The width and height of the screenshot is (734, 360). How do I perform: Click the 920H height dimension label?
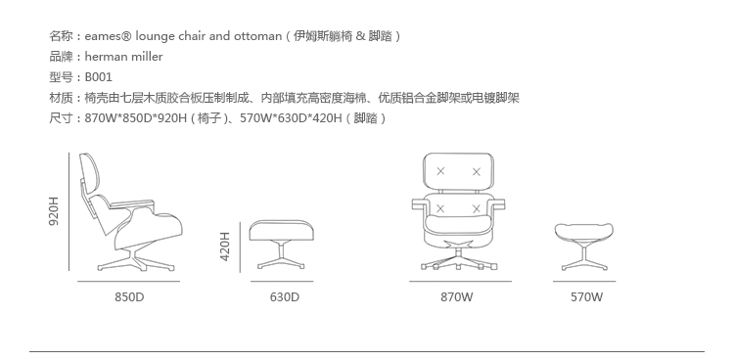[x=54, y=211]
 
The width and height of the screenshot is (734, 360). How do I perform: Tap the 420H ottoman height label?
[x=225, y=247]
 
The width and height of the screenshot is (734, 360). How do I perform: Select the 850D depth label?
[x=129, y=297]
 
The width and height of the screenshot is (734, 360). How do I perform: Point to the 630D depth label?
[x=284, y=297]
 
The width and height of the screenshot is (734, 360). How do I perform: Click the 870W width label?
[x=457, y=297]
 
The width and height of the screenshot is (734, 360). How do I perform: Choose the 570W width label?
[x=586, y=297]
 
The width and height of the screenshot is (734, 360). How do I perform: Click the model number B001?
[x=98, y=77]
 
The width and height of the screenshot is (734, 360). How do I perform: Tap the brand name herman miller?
[x=123, y=57]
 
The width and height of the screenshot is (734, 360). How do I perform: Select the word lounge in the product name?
[x=155, y=36]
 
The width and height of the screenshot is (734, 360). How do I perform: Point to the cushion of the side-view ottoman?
[x=281, y=230]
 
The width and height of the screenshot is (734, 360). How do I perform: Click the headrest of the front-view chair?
[x=458, y=170]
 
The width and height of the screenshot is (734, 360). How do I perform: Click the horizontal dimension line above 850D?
[x=129, y=282]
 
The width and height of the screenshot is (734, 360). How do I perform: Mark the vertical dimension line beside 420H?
[x=240, y=247]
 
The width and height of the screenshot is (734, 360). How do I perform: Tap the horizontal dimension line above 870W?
[x=460, y=282]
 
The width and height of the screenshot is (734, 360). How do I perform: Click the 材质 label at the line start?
[x=62, y=98]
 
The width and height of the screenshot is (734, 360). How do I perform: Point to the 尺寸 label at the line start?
[x=62, y=118]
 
